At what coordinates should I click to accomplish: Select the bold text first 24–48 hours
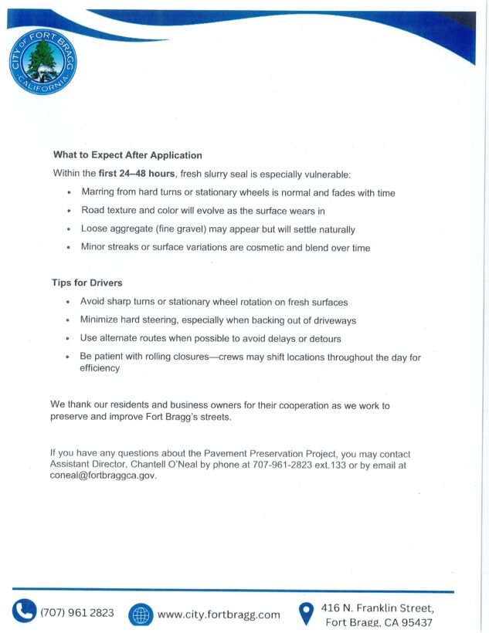(138, 174)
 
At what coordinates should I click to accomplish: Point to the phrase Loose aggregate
(117, 229)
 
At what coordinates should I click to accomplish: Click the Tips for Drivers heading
(87, 283)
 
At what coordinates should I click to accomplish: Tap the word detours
(324, 339)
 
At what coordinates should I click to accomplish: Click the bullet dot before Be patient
(69, 358)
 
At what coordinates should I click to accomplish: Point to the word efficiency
(100, 369)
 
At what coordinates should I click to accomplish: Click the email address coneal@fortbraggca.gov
(103, 476)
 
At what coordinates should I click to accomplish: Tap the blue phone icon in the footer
(24, 612)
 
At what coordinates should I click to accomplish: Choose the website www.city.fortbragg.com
(219, 614)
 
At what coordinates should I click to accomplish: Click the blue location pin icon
(307, 614)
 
